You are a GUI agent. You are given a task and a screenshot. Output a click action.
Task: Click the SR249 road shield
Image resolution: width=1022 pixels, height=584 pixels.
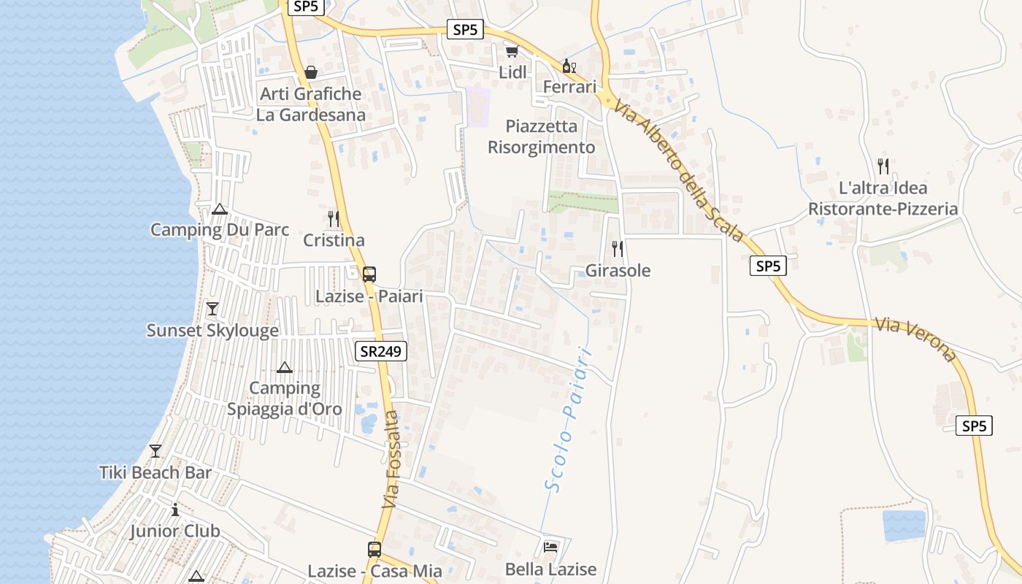pos(381,351)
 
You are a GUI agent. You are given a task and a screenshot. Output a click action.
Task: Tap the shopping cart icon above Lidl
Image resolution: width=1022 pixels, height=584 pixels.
pos(512,51)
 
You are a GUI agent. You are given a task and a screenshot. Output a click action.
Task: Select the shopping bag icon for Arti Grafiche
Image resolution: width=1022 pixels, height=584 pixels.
pos(311,72)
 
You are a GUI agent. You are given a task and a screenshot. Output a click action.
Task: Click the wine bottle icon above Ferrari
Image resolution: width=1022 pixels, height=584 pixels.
pos(569,66)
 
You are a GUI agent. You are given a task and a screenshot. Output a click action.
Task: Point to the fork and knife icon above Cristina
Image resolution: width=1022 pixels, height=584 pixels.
pos(333,218)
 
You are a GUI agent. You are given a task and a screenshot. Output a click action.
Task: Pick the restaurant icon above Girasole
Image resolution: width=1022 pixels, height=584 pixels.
pos(618,248)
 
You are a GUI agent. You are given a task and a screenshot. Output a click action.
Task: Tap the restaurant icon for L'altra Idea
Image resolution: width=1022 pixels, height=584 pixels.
pos(883,166)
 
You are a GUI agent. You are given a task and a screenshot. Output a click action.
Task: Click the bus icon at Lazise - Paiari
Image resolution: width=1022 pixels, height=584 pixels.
pos(369,274)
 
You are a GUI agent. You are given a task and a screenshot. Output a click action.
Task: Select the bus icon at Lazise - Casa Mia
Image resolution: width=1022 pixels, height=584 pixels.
pos(374,549)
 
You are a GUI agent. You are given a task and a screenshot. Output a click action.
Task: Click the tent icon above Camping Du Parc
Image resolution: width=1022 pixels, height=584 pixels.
pos(220,210)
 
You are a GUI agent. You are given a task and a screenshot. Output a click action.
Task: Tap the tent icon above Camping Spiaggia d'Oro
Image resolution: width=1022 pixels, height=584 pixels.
pos(285,367)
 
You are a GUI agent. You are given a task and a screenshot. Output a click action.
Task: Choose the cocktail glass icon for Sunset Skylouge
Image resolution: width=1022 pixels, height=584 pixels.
pos(212,308)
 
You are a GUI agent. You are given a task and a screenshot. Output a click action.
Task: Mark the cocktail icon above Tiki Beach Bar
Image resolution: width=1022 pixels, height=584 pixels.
pos(155,450)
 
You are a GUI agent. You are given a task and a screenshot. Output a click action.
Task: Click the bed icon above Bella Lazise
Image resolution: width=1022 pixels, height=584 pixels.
pos(550,547)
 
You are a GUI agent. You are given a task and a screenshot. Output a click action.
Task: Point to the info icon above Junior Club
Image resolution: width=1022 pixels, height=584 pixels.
pos(175,510)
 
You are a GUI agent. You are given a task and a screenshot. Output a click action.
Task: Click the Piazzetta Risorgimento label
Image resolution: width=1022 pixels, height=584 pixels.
pos(541,137)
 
